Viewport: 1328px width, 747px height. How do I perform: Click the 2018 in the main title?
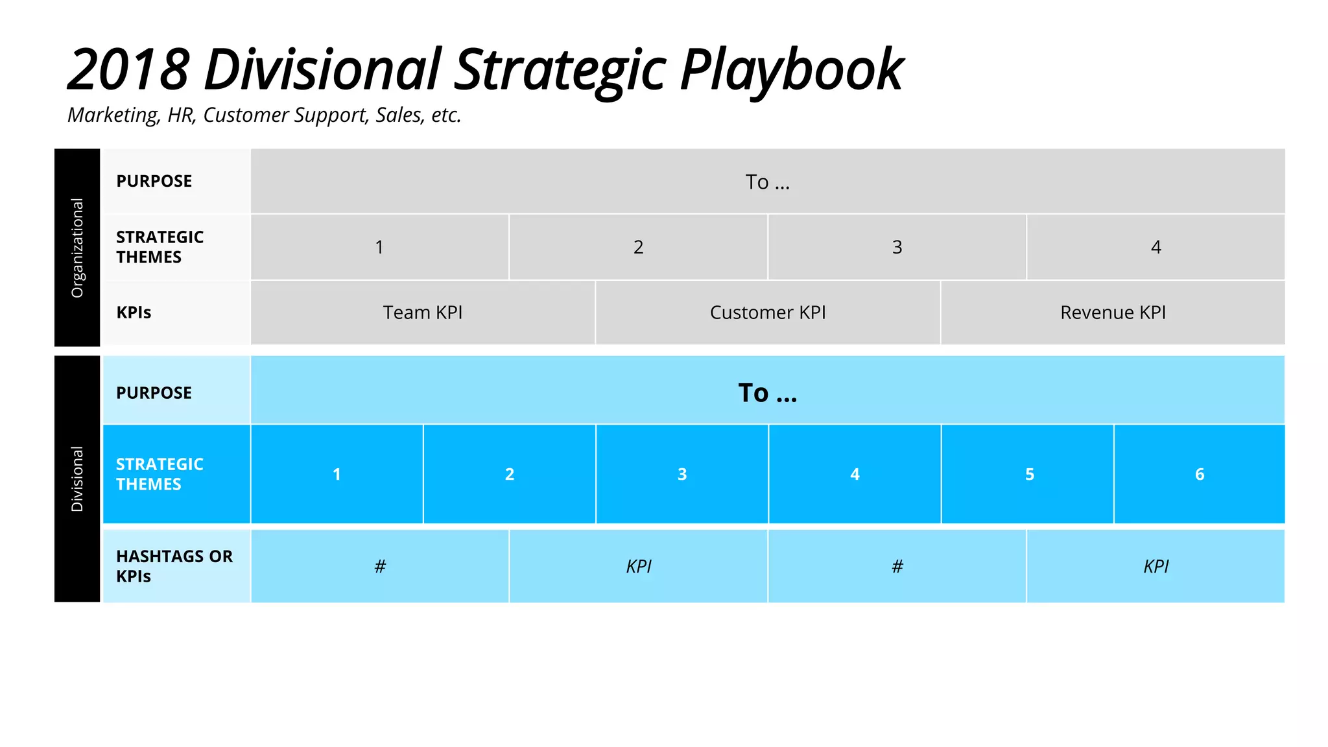pyautogui.click(x=128, y=70)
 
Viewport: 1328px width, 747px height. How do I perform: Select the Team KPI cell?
pyautogui.click(x=422, y=313)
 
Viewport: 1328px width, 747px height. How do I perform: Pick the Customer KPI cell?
pyautogui.click(x=768, y=313)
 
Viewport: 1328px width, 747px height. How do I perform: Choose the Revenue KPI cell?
pyautogui.click(x=1113, y=313)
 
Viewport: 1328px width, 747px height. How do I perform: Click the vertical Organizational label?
pyautogui.click(x=77, y=248)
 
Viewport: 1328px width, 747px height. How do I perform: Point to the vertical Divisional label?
pyautogui.click(x=77, y=479)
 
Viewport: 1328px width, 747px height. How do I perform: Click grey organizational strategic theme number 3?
pyautogui.click(x=897, y=247)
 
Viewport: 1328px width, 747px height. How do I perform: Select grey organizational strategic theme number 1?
pyautogui.click(x=379, y=247)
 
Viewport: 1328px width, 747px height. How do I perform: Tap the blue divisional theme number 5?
pyautogui.click(x=1029, y=475)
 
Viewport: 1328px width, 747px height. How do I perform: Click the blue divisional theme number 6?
pyautogui.click(x=1200, y=475)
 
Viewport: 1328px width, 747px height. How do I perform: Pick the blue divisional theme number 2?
pyautogui.click(x=510, y=475)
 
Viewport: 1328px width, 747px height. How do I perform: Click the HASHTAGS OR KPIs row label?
pyautogui.click(x=174, y=566)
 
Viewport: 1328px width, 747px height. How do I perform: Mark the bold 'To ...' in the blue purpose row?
pyautogui.click(x=768, y=393)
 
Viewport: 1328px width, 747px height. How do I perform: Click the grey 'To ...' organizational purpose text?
pyautogui.click(x=768, y=182)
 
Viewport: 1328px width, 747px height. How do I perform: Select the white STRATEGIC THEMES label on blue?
pyautogui.click(x=160, y=474)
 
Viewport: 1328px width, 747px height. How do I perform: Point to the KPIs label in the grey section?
pyautogui.click(x=134, y=313)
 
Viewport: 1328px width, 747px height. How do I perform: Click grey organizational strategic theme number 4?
pyautogui.click(x=1156, y=247)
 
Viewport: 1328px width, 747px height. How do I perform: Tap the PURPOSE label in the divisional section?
pyautogui.click(x=154, y=393)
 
